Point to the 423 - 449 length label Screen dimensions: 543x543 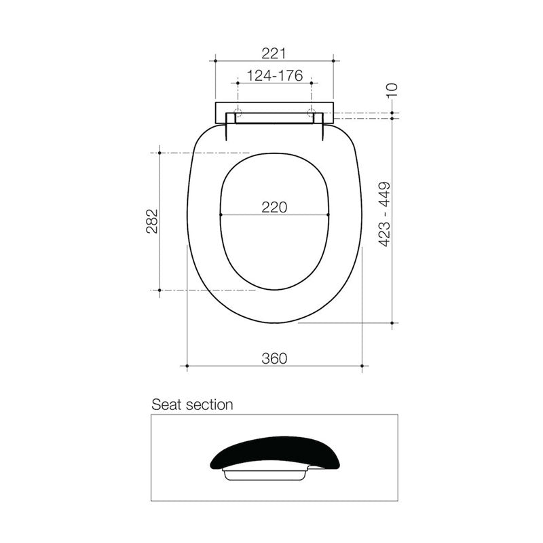[384, 214]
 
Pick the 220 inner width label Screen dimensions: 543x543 [275, 207]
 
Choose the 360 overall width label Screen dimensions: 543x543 [275, 358]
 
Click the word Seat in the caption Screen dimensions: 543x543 [166, 405]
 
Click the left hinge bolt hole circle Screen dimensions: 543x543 [238, 111]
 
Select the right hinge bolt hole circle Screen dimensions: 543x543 [312, 111]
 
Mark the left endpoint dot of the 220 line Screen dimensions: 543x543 [222, 215]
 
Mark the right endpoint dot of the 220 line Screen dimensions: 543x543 [329, 215]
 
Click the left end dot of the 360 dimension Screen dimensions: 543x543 [187, 367]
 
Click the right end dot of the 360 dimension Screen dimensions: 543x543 [362, 367]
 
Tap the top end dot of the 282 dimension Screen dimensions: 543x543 [160, 153]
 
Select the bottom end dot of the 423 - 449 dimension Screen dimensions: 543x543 [393, 323]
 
